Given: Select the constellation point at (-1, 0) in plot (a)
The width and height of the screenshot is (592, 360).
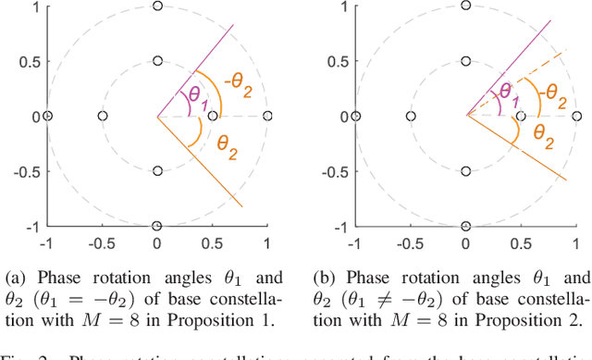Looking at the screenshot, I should pyautogui.click(x=47, y=116).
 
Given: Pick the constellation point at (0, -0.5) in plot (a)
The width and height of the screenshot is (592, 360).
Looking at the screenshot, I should pyautogui.click(x=157, y=171).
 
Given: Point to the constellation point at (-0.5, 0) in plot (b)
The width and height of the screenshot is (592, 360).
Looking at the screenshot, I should pyautogui.click(x=410, y=116).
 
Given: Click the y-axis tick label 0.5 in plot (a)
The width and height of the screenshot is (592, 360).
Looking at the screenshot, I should pyautogui.click(x=25, y=61).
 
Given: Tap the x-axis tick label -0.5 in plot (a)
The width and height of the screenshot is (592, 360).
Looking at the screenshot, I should pyautogui.click(x=100, y=242).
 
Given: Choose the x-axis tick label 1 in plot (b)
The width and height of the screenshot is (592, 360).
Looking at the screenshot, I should pyautogui.click(x=574, y=242).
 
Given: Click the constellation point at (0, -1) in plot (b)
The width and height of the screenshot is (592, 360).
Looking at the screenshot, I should pyautogui.click(x=465, y=226).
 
